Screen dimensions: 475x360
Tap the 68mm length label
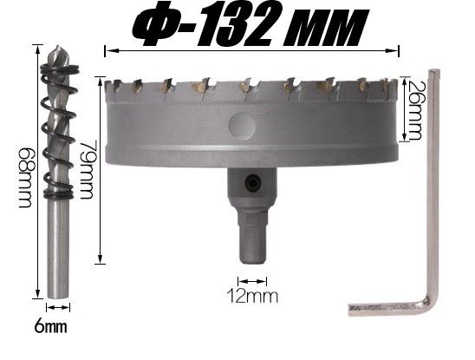coord(25,178)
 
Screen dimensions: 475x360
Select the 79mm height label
coord(86,169)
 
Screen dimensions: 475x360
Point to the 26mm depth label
coord(414,110)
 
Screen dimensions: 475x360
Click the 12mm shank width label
coord(252,297)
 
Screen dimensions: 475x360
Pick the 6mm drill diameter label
coord(50,327)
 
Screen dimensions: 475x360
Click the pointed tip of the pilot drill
coord(58,46)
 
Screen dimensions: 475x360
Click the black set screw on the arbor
coord(253,183)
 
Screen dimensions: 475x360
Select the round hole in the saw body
coord(242,125)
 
